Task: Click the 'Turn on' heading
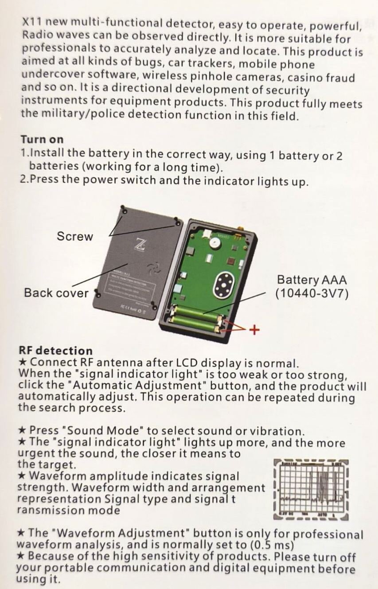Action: coord(42,139)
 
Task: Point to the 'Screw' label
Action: coord(75,236)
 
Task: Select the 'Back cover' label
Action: coord(56,293)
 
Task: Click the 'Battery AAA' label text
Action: coord(312,280)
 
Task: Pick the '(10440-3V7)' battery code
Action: coord(312,293)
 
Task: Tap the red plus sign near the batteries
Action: coord(254,330)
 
